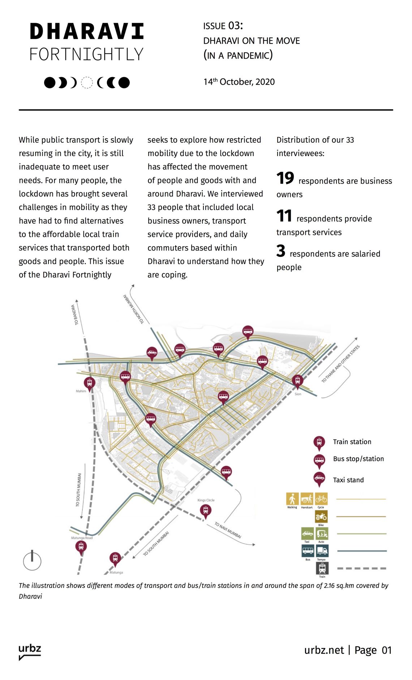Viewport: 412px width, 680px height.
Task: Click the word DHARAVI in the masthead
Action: coord(87,32)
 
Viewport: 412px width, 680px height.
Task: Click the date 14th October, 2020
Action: coord(239,82)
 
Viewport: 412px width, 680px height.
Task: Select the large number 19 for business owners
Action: coord(285,178)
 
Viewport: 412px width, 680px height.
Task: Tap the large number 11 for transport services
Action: coord(284,216)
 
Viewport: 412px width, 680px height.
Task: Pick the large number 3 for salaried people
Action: coord(281,251)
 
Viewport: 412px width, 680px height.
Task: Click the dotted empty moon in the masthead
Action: coord(87,83)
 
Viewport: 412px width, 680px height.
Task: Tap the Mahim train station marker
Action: coord(89,383)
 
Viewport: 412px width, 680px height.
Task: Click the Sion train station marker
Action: coord(297,381)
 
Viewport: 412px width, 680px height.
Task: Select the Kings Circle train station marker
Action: coord(206,510)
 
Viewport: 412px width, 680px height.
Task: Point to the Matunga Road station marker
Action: coord(81,546)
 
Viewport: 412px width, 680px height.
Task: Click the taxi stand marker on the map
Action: coord(152,352)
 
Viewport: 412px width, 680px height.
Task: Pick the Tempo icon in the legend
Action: coord(322,551)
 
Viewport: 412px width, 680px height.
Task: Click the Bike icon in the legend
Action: coord(321,517)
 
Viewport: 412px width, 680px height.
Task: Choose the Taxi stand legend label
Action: coord(348,480)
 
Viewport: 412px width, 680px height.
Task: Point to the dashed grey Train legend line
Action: coord(361,568)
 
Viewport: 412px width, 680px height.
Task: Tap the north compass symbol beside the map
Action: coord(32,561)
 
